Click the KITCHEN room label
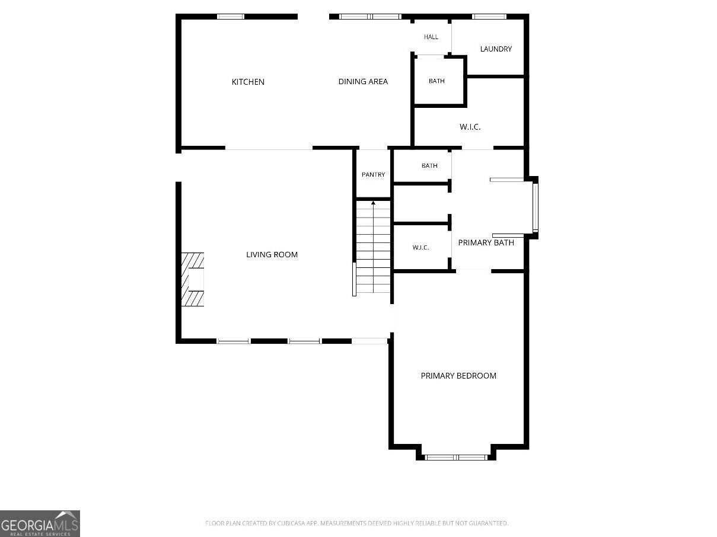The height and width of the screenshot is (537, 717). click(248, 82)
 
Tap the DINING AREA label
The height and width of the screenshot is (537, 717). click(363, 82)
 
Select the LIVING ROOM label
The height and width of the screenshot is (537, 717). click(272, 255)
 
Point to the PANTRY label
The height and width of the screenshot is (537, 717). click(373, 175)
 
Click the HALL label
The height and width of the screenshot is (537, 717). click(431, 37)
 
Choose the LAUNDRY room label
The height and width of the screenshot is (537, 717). click(496, 49)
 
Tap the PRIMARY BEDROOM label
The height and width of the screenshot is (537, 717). click(458, 376)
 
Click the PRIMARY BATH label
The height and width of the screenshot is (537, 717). click(486, 242)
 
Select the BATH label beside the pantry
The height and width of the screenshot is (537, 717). click(429, 166)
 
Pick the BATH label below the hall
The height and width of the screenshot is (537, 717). click(436, 81)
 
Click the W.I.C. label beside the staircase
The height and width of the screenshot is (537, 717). click(420, 247)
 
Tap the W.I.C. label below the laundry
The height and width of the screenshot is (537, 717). click(470, 127)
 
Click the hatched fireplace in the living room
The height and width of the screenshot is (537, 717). click(192, 279)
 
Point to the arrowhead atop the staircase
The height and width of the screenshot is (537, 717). click(373, 203)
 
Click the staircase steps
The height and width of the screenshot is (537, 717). click(373, 247)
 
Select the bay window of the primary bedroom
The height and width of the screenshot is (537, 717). click(456, 458)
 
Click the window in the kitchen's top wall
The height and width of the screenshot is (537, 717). click(231, 17)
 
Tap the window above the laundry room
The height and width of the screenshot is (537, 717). click(489, 17)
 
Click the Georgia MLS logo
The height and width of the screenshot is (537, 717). click(40, 523)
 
